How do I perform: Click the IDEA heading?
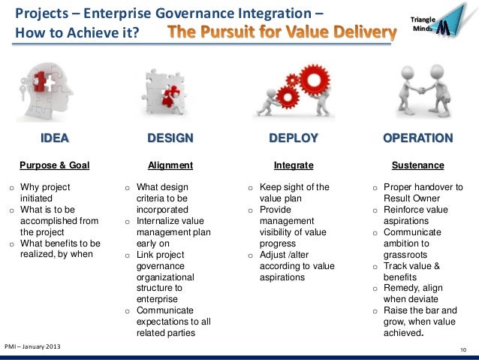click(x=55, y=138)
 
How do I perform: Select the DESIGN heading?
click(x=170, y=138)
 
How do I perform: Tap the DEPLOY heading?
click(x=294, y=138)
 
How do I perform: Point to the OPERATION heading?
click(x=417, y=138)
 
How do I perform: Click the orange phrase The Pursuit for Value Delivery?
click(x=282, y=33)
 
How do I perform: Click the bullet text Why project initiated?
click(x=44, y=192)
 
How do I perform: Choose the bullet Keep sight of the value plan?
click(x=294, y=192)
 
